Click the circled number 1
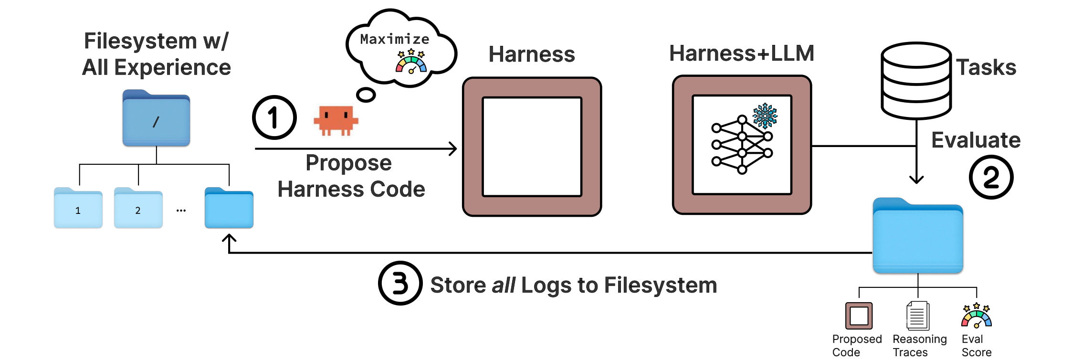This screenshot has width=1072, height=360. coord(274,117)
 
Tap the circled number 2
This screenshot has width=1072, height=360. coord(991,177)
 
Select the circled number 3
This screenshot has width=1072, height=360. coord(400,283)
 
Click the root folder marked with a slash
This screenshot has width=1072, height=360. coord(156,118)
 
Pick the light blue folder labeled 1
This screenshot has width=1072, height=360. coord(78,209)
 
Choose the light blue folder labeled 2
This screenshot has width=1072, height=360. coord(138,209)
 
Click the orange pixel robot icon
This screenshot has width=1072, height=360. coord(336,120)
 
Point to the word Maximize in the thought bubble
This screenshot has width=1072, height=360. coord(394,39)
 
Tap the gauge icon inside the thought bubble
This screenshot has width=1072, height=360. coord(411,62)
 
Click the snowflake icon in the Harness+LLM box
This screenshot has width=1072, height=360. coord(765,116)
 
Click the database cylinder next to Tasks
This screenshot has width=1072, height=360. coord(916,80)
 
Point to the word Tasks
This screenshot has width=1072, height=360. coord(986,67)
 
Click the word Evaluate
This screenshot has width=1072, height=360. coord(976,140)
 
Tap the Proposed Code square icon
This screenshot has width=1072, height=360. coord(859,316)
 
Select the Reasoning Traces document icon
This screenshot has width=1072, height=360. coord(917,316)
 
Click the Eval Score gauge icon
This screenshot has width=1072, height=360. coord(976,316)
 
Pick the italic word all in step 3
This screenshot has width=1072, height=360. coord(504,286)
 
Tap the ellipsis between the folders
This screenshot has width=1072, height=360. coord(181,211)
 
